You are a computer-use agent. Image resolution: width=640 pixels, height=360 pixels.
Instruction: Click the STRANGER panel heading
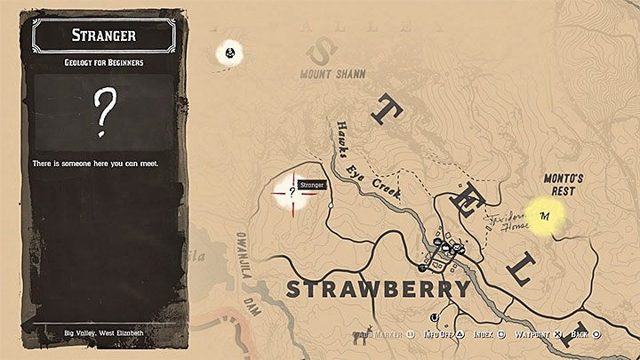click(x=105, y=35)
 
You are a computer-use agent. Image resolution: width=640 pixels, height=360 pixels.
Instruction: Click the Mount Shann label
click(x=333, y=74)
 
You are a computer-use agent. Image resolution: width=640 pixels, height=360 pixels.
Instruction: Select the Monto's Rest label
click(x=562, y=184)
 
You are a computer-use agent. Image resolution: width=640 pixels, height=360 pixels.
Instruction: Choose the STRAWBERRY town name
click(x=377, y=290)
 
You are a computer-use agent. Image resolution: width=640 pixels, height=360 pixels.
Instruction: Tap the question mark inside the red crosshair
click(x=292, y=189)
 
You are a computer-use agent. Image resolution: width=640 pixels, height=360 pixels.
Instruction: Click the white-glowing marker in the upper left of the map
click(x=232, y=54)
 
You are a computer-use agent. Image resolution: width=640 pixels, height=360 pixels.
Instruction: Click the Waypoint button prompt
click(x=536, y=335)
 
